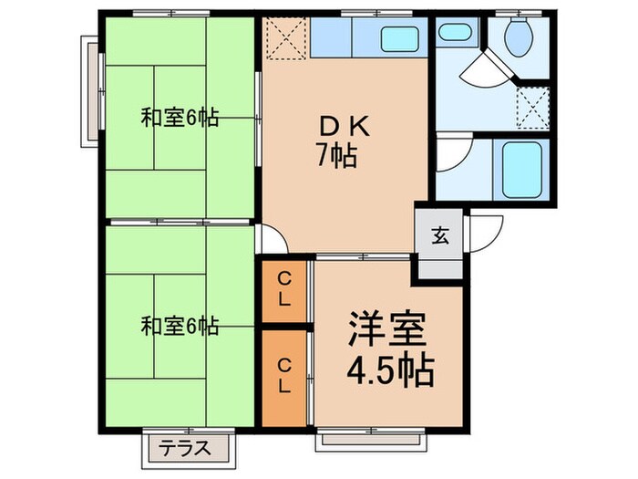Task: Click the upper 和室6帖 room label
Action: [179, 118]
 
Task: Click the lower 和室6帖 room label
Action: [179, 325]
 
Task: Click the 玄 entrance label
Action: [440, 237]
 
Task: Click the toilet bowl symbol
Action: [519, 36]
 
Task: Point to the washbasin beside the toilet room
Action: [451, 32]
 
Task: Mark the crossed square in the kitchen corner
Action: [285, 38]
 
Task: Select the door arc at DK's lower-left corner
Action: [273, 240]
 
